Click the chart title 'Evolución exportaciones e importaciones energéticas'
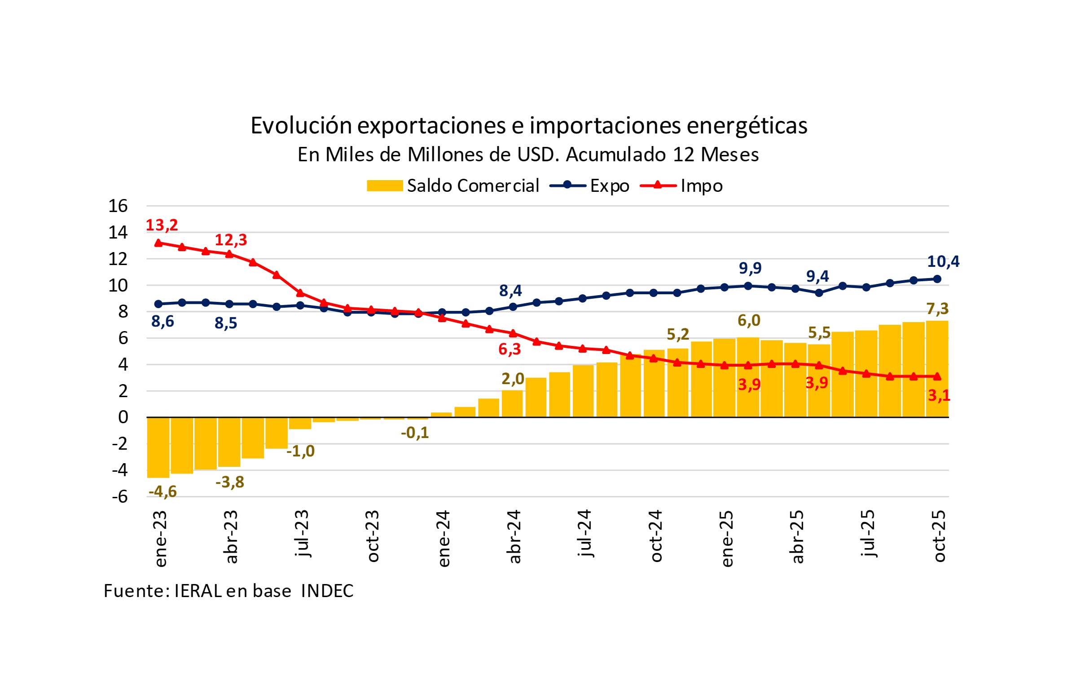529,125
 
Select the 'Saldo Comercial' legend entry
453,186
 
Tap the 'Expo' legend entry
589,186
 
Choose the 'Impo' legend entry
681,186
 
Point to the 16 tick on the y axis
118,206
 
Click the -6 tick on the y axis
120,497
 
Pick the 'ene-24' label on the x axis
444,539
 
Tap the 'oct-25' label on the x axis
940,536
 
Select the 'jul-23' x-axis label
301,534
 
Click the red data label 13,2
162,225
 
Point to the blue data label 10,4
943,261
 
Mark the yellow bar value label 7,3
937,309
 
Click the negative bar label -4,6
163,491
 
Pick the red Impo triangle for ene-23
158,243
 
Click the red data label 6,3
510,350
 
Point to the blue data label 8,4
510,291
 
